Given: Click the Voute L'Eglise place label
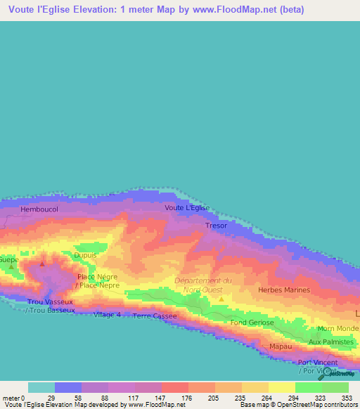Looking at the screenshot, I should tap(187, 208).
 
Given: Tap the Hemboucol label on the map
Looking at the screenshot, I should tap(39, 210).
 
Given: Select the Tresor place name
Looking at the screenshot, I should tap(217, 226).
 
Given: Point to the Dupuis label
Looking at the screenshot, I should tap(85, 256).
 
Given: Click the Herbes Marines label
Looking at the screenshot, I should tap(284, 290).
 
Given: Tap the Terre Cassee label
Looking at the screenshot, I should tap(155, 316).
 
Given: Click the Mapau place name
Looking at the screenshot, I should tap(281, 346).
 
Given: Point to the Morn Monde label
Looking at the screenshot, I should tap(338, 329).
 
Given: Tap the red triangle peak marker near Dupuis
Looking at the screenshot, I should tap(42, 264).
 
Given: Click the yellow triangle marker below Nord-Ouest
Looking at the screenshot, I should tap(221, 299).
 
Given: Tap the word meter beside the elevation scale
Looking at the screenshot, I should tap(10, 397).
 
